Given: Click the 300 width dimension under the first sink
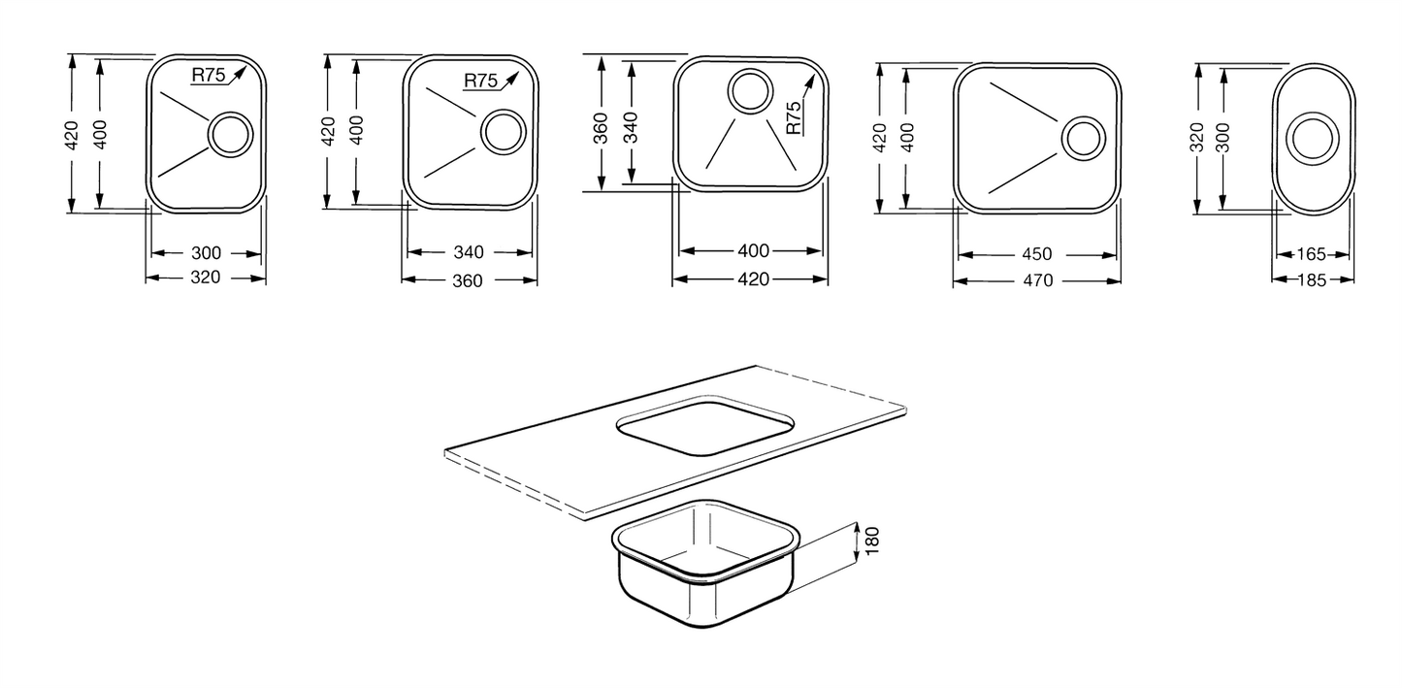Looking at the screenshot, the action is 206,253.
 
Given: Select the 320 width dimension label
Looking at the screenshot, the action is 206,278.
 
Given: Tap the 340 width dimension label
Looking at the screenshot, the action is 469,252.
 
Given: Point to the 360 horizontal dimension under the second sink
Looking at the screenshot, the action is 468,280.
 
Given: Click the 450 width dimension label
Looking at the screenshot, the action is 1037,254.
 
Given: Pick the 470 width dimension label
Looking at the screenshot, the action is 1038,280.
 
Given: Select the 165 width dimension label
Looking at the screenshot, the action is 1311,254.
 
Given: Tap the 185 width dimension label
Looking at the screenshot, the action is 1312,279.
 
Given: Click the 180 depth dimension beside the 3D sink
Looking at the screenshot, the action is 872,541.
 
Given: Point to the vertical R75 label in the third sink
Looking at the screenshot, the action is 793,117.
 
